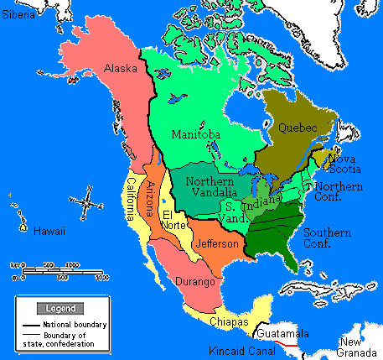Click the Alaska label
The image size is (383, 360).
coord(120,68)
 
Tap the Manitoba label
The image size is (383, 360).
coord(195,134)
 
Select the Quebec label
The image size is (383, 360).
coord(296,128)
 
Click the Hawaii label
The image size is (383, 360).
coord(49,230)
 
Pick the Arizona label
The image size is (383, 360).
coord(152,200)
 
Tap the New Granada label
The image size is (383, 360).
coord(359,347)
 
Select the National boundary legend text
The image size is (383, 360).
coord(75,325)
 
